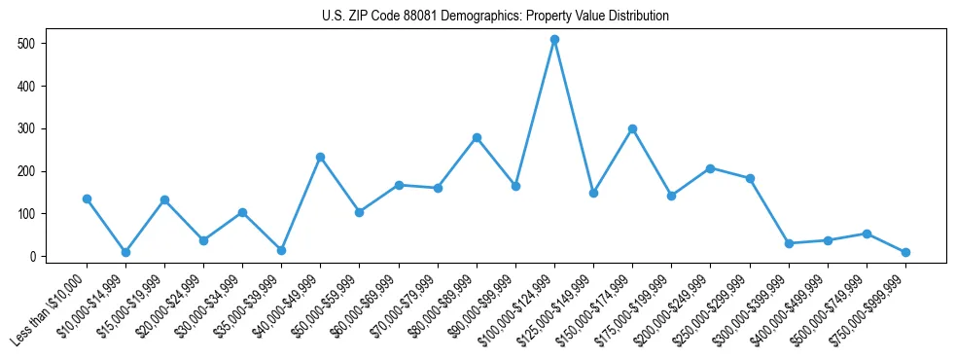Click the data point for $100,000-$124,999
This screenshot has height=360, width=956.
coord(554,40)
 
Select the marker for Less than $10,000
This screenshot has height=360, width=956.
coord(87,198)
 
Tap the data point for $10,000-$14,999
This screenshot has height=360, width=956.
coord(125,252)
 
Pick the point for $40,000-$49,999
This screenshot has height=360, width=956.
coord(320,157)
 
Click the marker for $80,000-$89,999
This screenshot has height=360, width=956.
coord(477,137)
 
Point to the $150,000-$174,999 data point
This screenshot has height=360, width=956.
coord(632,128)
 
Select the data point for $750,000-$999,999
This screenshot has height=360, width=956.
coord(905,252)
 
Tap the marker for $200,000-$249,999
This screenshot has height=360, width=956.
coord(710,168)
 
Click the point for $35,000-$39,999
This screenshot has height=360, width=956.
coord(281,250)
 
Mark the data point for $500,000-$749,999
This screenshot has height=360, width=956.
coord(867,234)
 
